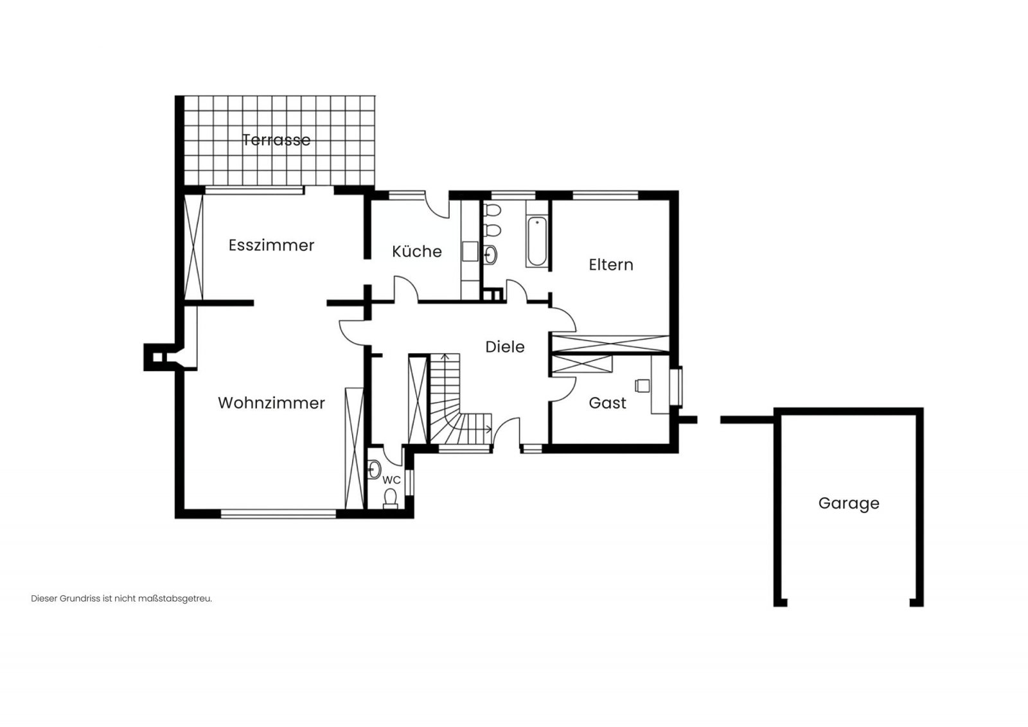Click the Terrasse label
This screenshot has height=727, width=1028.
point(276,140)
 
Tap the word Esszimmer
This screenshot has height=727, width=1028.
point(271,245)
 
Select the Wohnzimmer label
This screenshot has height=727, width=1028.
point(271,403)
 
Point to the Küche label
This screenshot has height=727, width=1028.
point(417,251)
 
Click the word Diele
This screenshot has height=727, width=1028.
point(505,347)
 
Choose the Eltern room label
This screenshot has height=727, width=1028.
point(611,265)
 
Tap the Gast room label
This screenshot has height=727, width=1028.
point(607,403)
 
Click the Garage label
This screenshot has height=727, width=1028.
point(849,504)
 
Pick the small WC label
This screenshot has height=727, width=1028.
point(391,480)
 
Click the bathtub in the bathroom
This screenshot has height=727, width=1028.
point(537,241)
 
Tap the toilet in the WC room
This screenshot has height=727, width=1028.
point(391,498)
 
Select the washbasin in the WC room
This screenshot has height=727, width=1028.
point(375,469)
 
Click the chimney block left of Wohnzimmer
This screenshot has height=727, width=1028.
point(159,357)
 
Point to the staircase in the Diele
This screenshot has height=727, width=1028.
point(459,401)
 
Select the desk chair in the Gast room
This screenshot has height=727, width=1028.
point(642,386)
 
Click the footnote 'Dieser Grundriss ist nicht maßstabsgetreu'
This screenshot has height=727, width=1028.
point(121,599)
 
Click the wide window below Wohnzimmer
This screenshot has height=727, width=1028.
point(279,514)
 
